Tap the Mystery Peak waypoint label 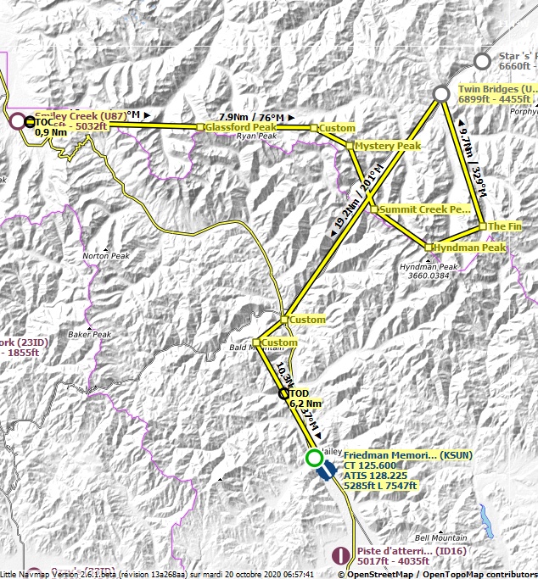387,146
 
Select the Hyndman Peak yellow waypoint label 469,248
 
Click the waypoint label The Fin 503,226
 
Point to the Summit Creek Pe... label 424,209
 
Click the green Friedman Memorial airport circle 313,459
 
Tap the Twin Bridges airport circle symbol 441,93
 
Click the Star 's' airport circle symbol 482,60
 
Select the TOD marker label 300,394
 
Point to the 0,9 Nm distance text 51,132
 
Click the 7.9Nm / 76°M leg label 251,117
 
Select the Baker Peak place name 90,334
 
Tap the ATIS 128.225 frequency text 375,476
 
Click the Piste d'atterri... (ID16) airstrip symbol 342,555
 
